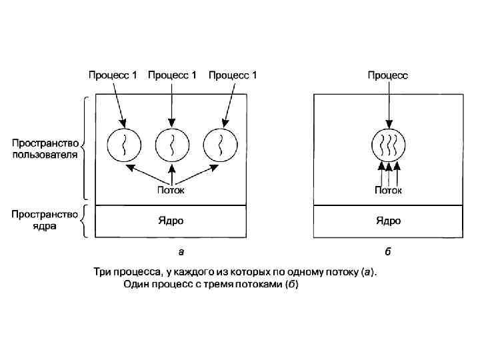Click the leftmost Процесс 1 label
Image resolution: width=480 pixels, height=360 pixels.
coord(113,75)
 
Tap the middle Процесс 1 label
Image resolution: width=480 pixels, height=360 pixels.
coord(172,75)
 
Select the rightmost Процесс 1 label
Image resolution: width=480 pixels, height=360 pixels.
coord(233,75)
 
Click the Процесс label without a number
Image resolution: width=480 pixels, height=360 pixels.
coord(388,75)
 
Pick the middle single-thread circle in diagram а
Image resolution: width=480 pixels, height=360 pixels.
coord(172,144)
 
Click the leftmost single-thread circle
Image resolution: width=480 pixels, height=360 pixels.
coord(123,144)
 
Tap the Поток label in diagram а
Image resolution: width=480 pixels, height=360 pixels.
coord(171,190)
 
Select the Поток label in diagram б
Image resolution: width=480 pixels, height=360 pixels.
coord(388,190)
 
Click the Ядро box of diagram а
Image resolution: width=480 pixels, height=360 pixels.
coord(171,221)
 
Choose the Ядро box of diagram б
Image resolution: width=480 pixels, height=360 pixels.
coord(388,221)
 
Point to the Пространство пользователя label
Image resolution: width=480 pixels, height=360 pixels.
coord(45,149)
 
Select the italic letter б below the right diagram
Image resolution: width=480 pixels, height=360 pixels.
coord(388,251)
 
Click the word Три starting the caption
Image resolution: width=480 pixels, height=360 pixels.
coord(101,271)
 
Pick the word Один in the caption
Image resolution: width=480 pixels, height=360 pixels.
coord(137,285)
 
